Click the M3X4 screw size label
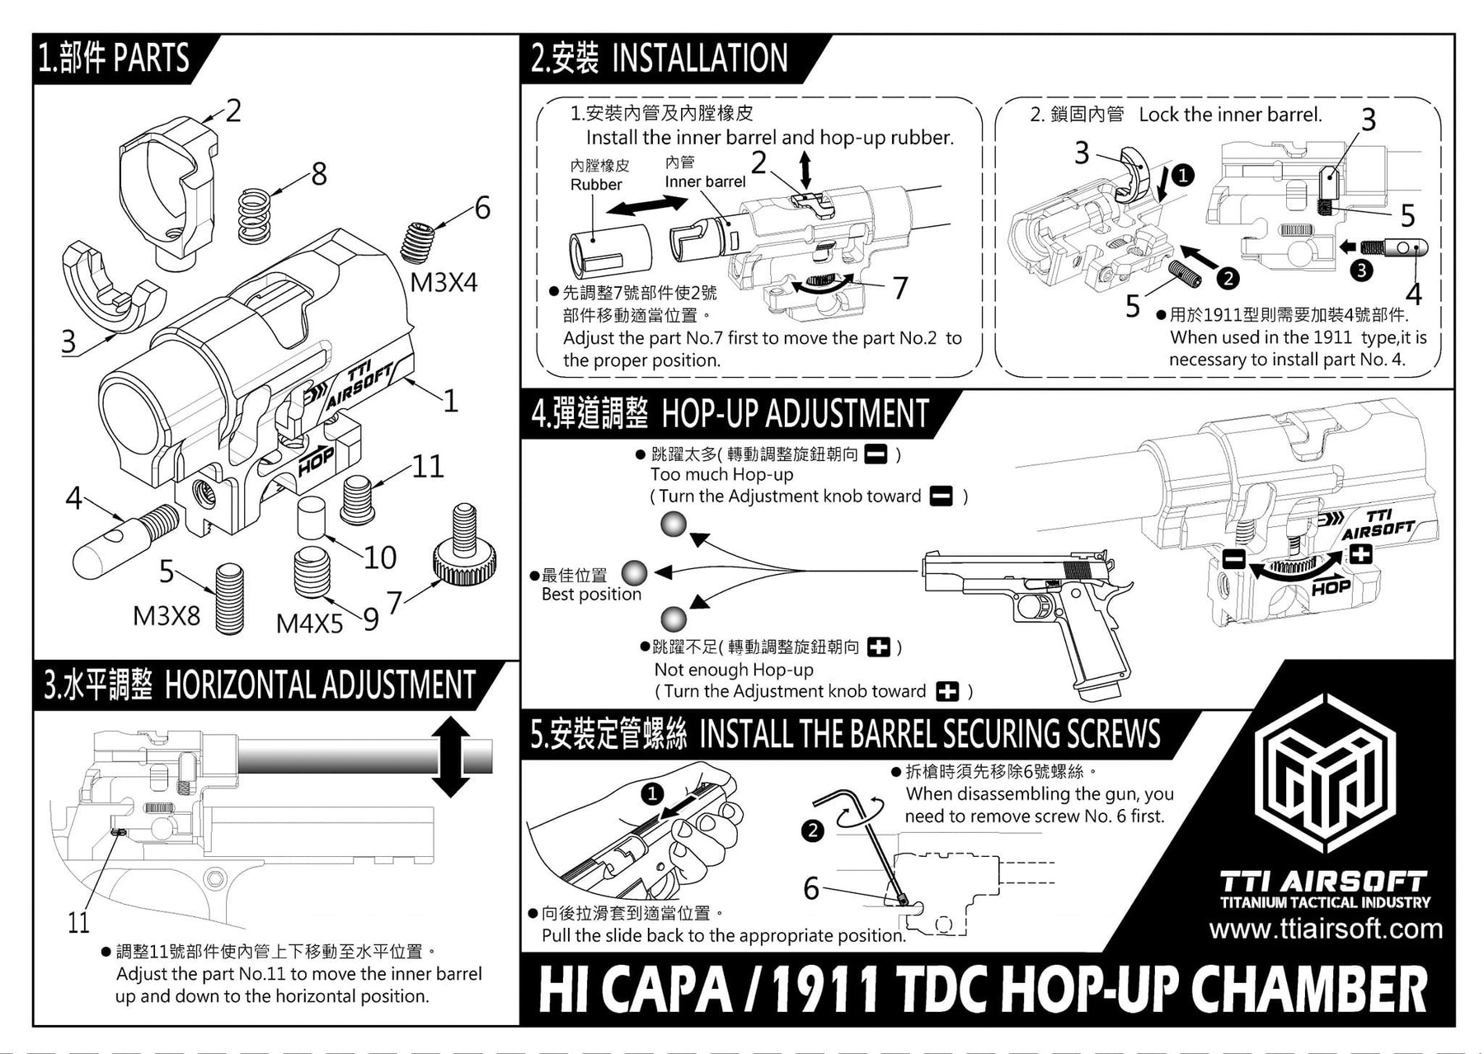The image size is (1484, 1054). coord(444,283)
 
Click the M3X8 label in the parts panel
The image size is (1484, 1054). coord(167,615)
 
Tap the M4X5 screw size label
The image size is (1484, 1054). coord(309,623)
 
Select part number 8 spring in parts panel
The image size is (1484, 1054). coord(256,217)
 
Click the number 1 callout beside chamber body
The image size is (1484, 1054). coord(450,401)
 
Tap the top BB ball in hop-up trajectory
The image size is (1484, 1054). coord(674,525)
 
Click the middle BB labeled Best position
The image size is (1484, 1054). coord(634,572)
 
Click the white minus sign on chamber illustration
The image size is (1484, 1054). coord(1233,560)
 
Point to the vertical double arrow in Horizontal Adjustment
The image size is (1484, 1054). coord(450,756)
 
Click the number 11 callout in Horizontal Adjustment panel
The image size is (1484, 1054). coord(78,922)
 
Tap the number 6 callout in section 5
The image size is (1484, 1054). coord(811,888)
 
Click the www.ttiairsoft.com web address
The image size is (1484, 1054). coord(1326,929)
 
